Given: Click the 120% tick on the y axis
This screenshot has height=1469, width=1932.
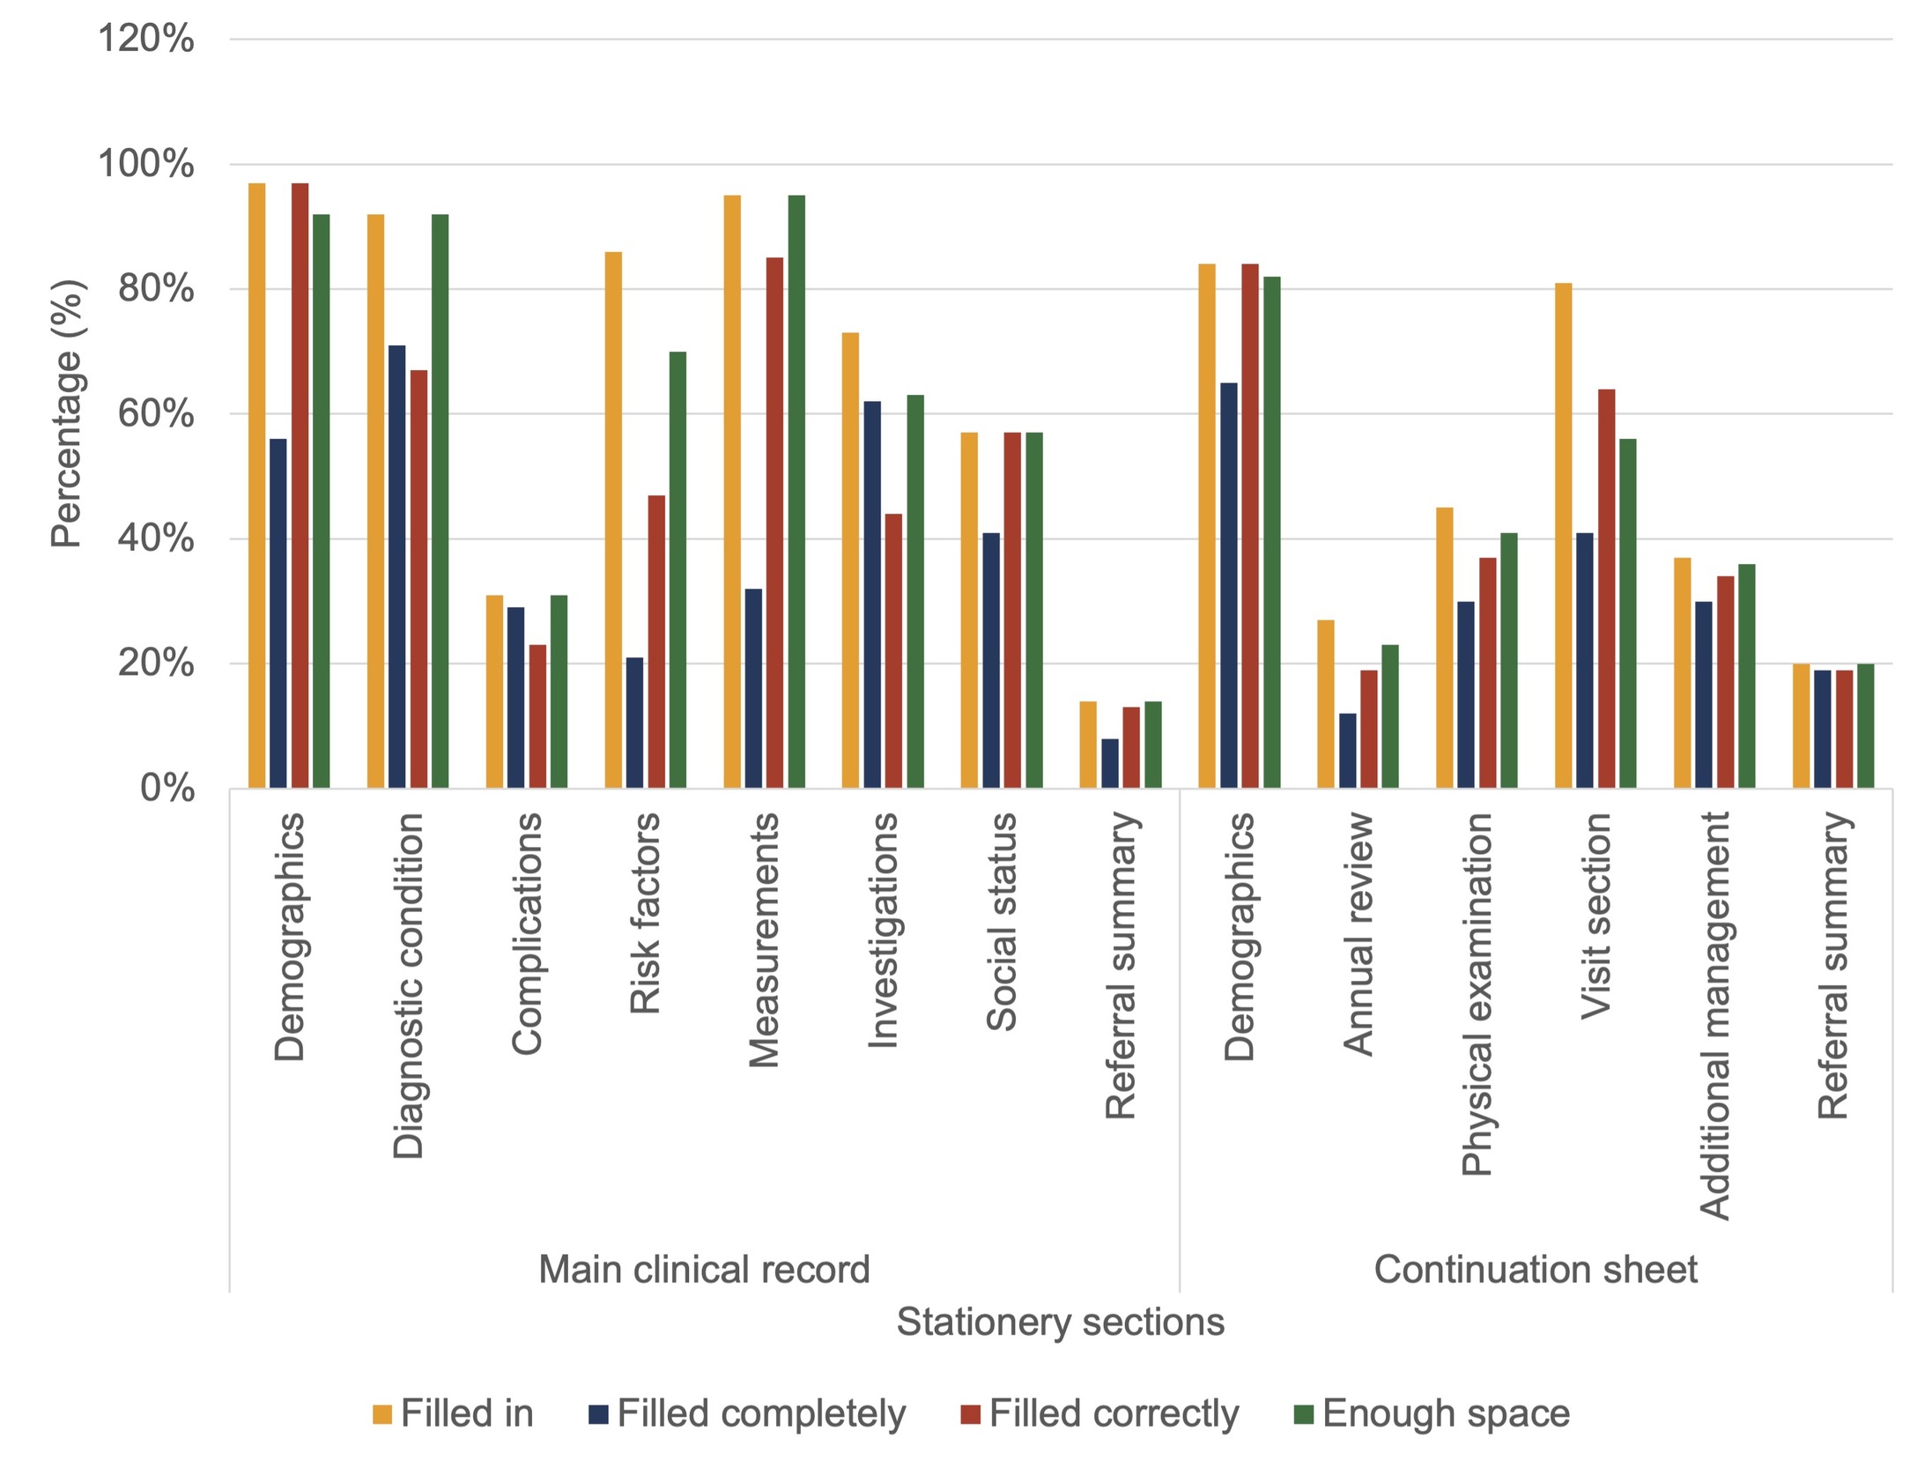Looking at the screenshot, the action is click(x=145, y=40).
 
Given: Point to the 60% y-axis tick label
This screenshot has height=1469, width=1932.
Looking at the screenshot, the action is click(x=156, y=414).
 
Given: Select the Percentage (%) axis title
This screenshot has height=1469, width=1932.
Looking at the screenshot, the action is click(x=67, y=414).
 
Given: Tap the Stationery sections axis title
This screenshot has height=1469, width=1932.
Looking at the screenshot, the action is click(x=1061, y=1322).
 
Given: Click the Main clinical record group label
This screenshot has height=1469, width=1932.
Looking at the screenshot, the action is click(x=704, y=1270).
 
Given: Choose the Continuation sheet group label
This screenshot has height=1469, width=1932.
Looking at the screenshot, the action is click(x=1536, y=1270).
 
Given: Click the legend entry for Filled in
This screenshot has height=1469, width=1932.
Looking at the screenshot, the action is click(x=453, y=1413).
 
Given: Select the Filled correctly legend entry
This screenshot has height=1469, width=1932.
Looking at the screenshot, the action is click(x=1099, y=1414).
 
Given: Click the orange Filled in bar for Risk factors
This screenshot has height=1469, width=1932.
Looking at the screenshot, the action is click(x=613, y=520).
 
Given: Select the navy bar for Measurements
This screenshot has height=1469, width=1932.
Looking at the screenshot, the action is click(x=753, y=688).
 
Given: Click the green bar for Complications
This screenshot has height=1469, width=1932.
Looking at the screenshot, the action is click(x=559, y=692).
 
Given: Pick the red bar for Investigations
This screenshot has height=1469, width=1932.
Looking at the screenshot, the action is click(x=893, y=651).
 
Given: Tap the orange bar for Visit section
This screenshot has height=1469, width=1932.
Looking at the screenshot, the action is click(x=1563, y=536).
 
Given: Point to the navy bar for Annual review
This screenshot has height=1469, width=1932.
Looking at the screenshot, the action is click(x=1348, y=751).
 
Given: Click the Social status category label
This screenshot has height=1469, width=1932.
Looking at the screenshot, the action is click(x=1002, y=922).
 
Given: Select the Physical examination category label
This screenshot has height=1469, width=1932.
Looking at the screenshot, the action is click(x=1477, y=995).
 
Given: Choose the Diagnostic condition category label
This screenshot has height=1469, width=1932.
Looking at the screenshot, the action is click(x=408, y=986).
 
